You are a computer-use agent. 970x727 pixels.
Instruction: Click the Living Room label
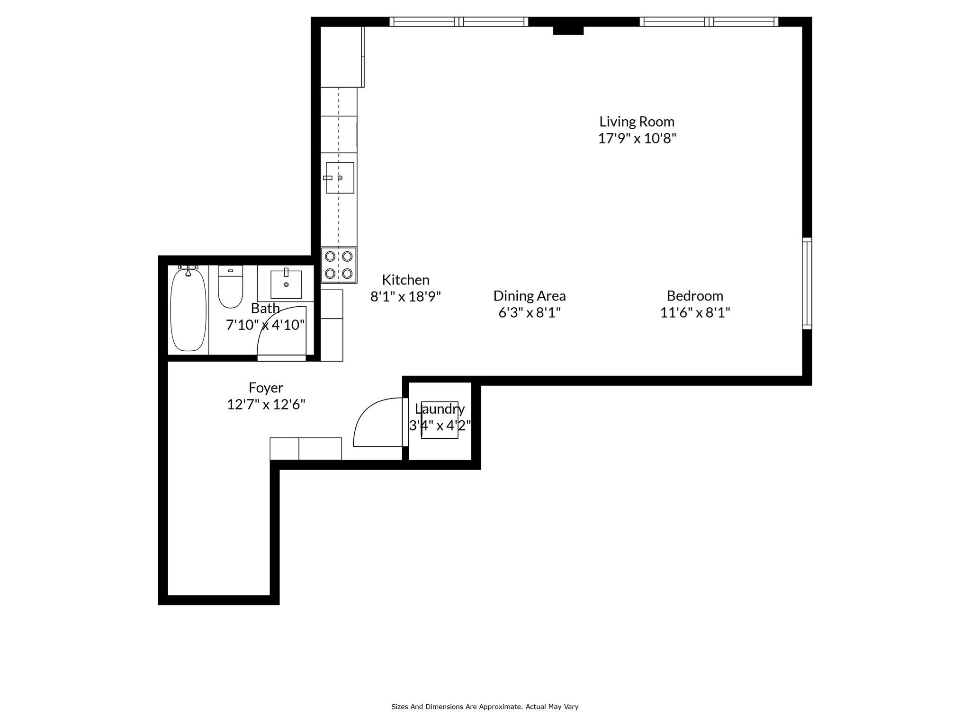637,122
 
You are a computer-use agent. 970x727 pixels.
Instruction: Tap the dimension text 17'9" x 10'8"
637,139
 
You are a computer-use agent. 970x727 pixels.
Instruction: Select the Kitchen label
405,280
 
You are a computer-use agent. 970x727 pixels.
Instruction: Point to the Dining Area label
529,296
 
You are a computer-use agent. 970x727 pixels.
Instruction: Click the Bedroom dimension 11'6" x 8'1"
695,313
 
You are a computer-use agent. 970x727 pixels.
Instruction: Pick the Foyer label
266,388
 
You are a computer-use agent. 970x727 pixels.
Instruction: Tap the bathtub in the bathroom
189,310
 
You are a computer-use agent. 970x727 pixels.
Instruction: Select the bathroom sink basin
286,284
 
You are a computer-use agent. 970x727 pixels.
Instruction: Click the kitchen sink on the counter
340,178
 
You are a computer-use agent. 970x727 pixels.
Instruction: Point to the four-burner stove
339,265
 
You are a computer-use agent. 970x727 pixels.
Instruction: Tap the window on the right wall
807,284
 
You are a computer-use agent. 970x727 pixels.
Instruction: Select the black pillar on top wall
568,30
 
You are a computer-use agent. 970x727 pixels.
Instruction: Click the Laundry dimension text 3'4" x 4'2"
440,426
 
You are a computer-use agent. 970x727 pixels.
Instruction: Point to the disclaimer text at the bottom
485,707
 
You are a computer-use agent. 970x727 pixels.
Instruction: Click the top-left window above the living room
458,22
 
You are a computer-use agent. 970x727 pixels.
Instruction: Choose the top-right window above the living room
709,22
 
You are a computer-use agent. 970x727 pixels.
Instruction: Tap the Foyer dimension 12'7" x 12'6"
266,405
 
